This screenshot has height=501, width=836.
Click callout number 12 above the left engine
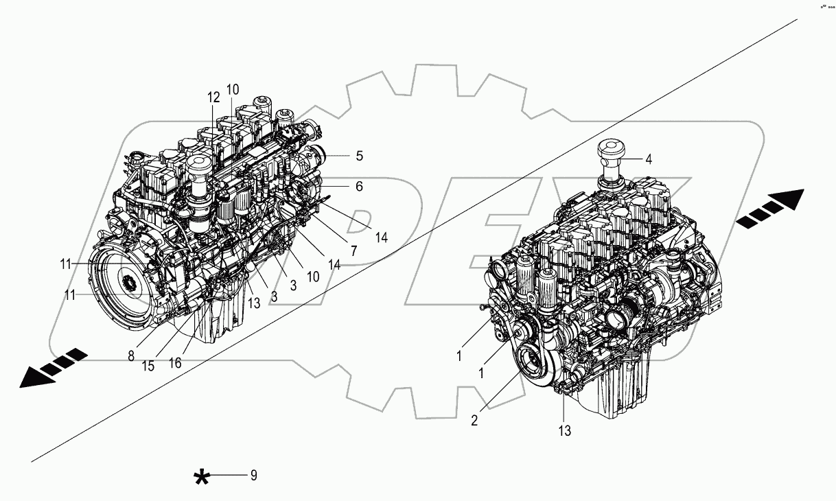[x=213, y=97]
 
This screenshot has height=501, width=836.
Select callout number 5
[x=358, y=156]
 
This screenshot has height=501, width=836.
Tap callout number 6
[x=358, y=186]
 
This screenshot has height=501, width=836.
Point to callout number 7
[x=353, y=251]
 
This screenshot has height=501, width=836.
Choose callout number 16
[x=175, y=363]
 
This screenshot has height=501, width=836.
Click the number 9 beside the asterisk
[x=253, y=475]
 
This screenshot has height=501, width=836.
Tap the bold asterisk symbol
[x=202, y=478]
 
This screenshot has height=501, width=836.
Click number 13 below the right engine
[x=564, y=431]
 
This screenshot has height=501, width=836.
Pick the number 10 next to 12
[x=233, y=90]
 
